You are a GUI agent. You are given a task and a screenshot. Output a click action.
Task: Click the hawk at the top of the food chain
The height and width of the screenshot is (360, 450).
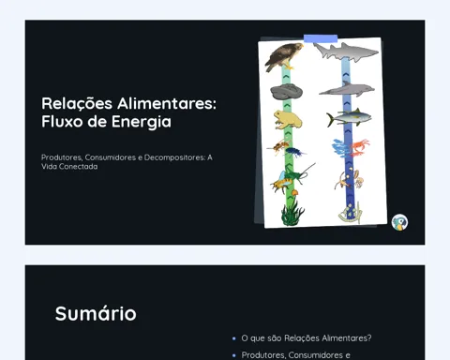click(x=283, y=57)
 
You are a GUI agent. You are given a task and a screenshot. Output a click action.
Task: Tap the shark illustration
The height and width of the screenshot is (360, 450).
click(x=346, y=51)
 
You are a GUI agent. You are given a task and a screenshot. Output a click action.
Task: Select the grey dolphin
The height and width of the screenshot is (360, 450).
click(x=347, y=89)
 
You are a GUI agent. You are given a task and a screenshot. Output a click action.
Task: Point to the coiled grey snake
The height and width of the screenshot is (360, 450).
click(x=286, y=92)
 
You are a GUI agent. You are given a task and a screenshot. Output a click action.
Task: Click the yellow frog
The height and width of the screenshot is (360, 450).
click(x=287, y=120)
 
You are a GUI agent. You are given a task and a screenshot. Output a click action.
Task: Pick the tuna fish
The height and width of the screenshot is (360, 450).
click(x=349, y=118)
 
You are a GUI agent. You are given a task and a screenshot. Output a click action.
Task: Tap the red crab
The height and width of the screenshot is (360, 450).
click(x=359, y=147)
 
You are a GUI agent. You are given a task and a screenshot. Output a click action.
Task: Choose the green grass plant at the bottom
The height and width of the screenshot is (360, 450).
click(x=292, y=212)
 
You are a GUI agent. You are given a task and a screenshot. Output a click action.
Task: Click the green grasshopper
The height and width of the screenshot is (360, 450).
click(x=297, y=175)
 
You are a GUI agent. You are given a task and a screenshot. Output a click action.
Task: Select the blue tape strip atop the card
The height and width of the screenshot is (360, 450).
click(x=321, y=38)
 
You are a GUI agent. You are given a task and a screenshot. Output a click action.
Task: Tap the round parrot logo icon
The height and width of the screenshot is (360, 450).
click(x=399, y=222)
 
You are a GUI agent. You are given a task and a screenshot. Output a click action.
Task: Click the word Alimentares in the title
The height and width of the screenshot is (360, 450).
click(x=167, y=103)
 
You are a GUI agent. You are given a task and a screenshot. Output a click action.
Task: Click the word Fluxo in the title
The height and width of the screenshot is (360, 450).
click(x=62, y=122)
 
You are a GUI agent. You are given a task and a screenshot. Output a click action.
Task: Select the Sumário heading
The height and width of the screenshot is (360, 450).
click(x=96, y=313)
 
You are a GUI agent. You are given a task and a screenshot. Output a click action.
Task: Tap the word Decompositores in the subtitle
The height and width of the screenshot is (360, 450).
click(x=174, y=157)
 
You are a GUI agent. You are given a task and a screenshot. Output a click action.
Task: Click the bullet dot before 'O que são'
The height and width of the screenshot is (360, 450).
click(x=234, y=338)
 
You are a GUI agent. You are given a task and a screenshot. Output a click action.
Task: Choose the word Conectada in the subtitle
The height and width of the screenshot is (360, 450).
click(x=78, y=167)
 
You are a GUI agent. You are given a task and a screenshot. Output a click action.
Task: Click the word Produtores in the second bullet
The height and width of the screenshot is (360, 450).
click(x=263, y=355)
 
